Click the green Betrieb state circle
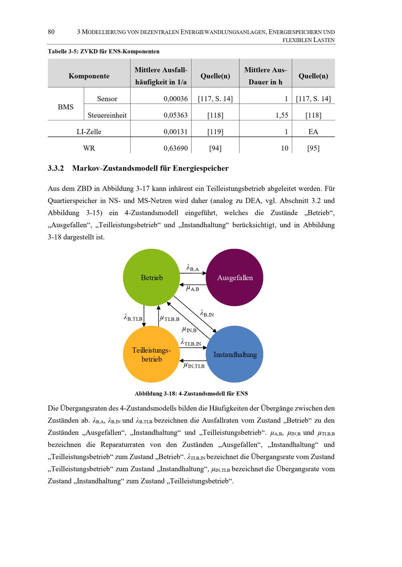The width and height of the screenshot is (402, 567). pos(152,277)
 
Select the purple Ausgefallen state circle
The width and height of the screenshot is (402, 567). pos(235,277)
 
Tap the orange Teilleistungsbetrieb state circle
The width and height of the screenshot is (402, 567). pos(152,354)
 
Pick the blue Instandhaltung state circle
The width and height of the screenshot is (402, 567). pos(235,354)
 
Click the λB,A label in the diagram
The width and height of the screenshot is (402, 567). pos(193,268)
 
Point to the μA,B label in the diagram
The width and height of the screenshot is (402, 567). pos(193,288)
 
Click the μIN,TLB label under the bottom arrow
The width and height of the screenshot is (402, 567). pos(194,366)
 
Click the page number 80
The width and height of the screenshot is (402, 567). pos(51,32)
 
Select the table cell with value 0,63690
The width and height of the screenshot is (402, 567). pos(176,148)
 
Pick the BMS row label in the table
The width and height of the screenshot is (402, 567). pos(66,107)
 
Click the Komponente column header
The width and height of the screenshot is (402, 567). pos(89,76)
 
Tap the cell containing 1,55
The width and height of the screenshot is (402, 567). pos(282,115)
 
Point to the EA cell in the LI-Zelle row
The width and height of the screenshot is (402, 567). pos(313,132)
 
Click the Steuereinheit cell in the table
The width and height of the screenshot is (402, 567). pos(107,115)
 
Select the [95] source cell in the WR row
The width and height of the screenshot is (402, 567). pos(313,148)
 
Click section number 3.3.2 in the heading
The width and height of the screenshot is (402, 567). pos(56,168)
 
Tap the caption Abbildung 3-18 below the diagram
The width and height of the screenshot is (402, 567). pos(194,393)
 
